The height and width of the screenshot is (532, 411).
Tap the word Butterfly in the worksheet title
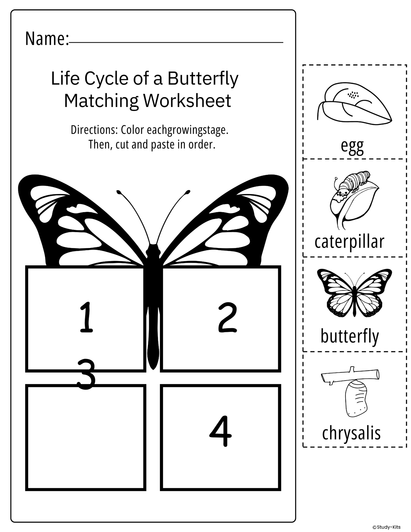(203, 79)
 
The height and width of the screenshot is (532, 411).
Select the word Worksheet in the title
(187, 101)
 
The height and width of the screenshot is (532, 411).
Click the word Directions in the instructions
(94, 130)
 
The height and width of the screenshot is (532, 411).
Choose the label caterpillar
(349, 242)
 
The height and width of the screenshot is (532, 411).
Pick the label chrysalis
(351, 433)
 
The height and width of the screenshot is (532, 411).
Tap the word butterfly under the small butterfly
(350, 336)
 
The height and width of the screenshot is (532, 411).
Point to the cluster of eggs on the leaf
(353, 94)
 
